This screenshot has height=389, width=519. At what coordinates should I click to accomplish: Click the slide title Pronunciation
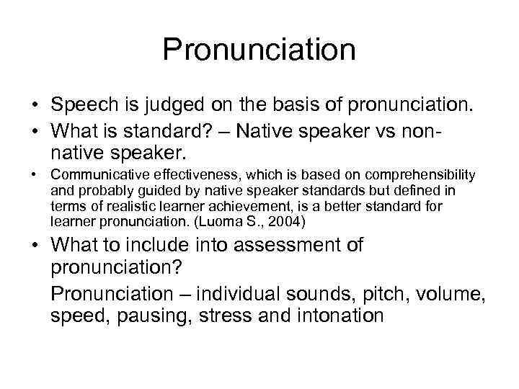tap(259, 50)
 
